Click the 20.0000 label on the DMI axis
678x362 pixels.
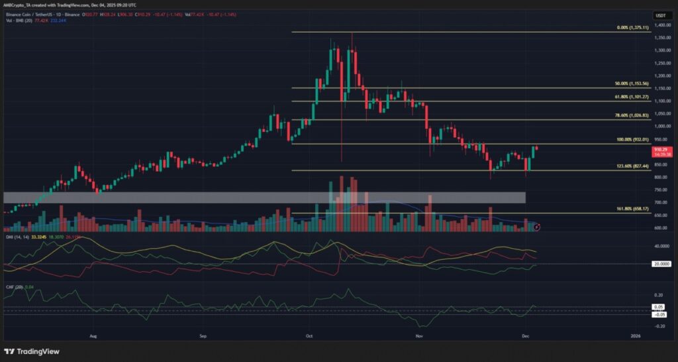click(663, 263)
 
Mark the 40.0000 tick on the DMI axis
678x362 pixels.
click(663, 245)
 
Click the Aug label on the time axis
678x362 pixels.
click(93, 337)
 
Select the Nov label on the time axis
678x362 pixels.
click(418, 337)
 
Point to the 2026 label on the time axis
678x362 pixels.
click(635, 337)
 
